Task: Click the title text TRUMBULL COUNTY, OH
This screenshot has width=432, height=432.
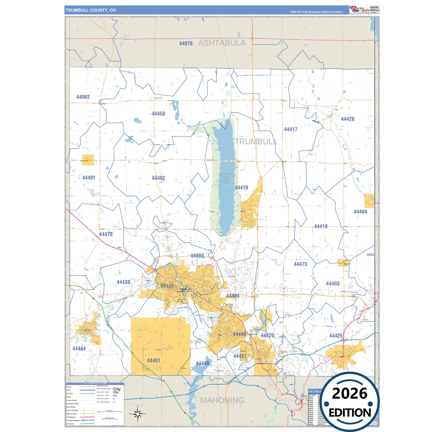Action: coord(91,10)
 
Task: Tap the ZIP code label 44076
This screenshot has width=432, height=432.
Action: coord(186,44)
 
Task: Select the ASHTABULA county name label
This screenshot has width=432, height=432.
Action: coord(222,43)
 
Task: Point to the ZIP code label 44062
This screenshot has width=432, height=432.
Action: coord(83,97)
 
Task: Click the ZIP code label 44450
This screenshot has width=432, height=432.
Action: coord(158,114)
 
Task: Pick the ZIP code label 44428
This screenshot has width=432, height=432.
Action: coord(347,119)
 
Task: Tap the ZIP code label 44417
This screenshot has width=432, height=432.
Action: coord(290,129)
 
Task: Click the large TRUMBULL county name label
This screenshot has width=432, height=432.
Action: coord(256,141)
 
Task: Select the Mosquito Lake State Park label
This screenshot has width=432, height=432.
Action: coord(225,178)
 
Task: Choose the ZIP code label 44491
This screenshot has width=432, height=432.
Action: coord(88,178)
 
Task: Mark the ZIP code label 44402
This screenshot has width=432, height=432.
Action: coord(158,178)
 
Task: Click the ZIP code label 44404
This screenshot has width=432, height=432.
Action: coord(360,212)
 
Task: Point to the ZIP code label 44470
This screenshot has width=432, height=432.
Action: coord(106,234)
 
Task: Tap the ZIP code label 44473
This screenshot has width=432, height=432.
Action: coord(300,264)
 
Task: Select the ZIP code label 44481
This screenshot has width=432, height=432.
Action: coord(153,361)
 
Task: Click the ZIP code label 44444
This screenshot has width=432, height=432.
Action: coord(79,349)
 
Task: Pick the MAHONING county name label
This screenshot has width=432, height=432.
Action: coord(222,400)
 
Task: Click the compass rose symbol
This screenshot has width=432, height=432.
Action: coord(138,414)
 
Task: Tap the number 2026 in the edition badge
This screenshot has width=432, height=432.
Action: coord(349,393)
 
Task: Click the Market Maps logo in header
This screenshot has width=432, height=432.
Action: coord(360,10)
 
